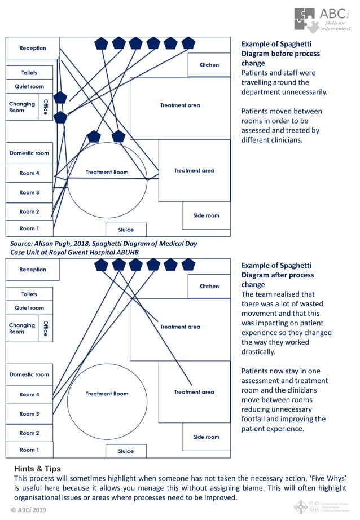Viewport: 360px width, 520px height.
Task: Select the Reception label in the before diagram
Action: pos(33,49)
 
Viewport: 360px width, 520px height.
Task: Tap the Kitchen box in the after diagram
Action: pos(209,287)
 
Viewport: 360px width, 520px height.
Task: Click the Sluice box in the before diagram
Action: pos(126,230)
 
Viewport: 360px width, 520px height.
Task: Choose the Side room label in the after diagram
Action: pos(206,437)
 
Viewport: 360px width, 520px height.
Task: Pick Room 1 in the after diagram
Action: pos(29,450)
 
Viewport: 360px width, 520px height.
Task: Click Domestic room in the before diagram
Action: pos(29,153)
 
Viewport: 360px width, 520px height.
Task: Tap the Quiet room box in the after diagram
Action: pos(29,308)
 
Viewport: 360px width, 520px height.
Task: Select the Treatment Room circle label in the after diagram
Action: pos(107,394)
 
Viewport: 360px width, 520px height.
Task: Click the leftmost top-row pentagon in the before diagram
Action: pos(101,43)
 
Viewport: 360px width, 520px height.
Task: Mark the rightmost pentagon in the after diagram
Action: pos(188,265)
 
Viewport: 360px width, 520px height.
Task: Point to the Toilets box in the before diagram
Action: pos(29,73)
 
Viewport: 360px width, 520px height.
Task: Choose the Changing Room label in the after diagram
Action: pos(22,328)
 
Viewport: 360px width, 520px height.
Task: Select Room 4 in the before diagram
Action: pos(29,173)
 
